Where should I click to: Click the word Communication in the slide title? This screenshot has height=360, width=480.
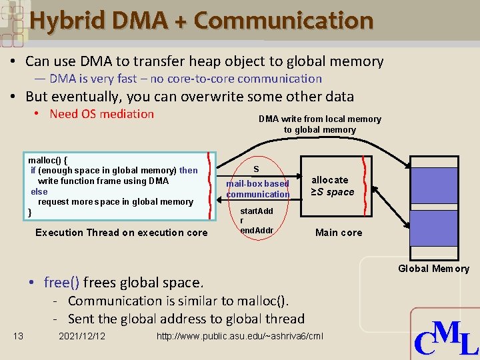click(283, 20)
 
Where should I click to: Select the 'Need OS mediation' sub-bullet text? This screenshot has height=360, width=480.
click(101, 114)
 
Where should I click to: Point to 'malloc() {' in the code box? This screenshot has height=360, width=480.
click(48, 161)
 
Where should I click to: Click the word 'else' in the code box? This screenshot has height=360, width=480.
click(39, 191)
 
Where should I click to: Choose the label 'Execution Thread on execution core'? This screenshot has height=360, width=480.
click(121, 233)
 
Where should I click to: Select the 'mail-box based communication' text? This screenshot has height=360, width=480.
click(257, 189)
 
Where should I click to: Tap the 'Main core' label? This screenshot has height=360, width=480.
click(339, 233)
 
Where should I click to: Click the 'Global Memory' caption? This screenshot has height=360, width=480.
click(433, 269)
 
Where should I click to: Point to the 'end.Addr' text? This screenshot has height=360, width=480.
click(257, 231)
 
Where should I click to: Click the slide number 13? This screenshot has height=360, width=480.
click(19, 336)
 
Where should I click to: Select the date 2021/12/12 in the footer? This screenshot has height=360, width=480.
click(82, 336)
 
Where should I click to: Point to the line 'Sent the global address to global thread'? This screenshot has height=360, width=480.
click(186, 319)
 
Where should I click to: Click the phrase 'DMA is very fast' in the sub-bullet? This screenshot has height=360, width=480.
click(93, 79)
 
